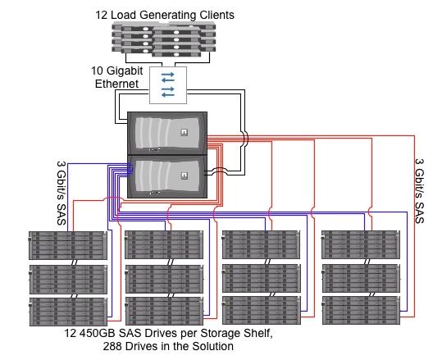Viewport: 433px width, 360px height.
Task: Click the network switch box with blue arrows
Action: coord(168,85)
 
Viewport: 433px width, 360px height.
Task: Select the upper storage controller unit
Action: coord(167,134)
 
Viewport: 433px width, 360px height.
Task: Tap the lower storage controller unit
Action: coord(167,176)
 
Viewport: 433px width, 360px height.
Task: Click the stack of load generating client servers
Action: coord(164,39)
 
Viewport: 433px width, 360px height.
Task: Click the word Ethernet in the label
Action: coord(116,84)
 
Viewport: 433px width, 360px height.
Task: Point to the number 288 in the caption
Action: coord(112,346)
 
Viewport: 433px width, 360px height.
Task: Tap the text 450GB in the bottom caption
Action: coord(98,333)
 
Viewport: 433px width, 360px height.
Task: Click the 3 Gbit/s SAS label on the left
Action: coord(62,193)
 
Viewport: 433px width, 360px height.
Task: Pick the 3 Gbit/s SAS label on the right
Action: coord(420,191)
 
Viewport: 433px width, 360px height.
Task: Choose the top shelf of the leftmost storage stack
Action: coord(68,246)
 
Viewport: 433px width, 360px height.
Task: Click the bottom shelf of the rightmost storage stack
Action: coord(361,310)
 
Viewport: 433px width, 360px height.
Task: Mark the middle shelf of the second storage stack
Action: coord(164,279)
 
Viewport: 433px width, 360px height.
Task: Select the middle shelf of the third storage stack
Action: coord(262,278)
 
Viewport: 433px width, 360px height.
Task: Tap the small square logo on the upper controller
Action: coord(184,132)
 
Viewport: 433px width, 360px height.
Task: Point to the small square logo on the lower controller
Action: coord(184,175)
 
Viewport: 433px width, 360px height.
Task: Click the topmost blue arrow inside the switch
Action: coord(168,75)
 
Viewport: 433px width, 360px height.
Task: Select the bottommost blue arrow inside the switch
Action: coord(168,95)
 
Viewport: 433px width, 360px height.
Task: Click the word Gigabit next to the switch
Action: coord(125,71)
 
